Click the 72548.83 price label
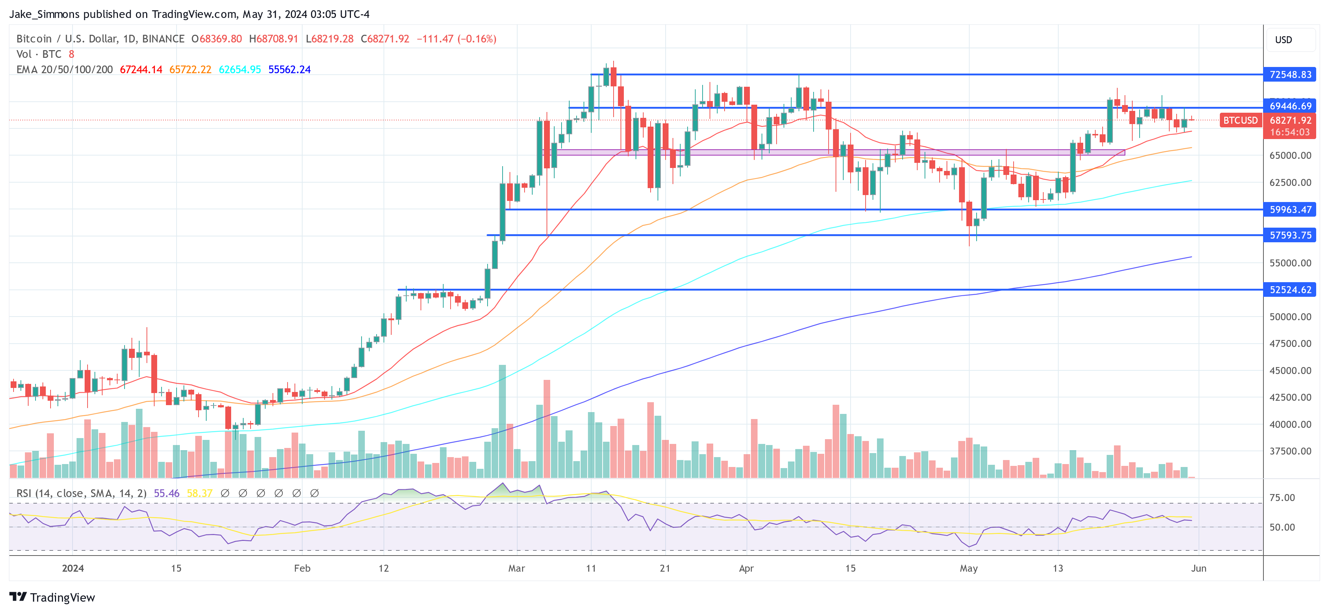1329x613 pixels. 1290,75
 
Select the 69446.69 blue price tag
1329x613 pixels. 1290,106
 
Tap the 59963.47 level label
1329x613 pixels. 1290,210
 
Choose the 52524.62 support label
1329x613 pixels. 1290,290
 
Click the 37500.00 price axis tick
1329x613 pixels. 1290,451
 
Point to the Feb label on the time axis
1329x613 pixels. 302,568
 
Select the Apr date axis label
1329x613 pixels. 746,568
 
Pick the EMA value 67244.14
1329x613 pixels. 141,70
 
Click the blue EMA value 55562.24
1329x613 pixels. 289,70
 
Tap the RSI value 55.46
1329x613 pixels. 167,493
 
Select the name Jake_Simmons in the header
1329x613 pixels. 44,14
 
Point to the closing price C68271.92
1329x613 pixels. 385,39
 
